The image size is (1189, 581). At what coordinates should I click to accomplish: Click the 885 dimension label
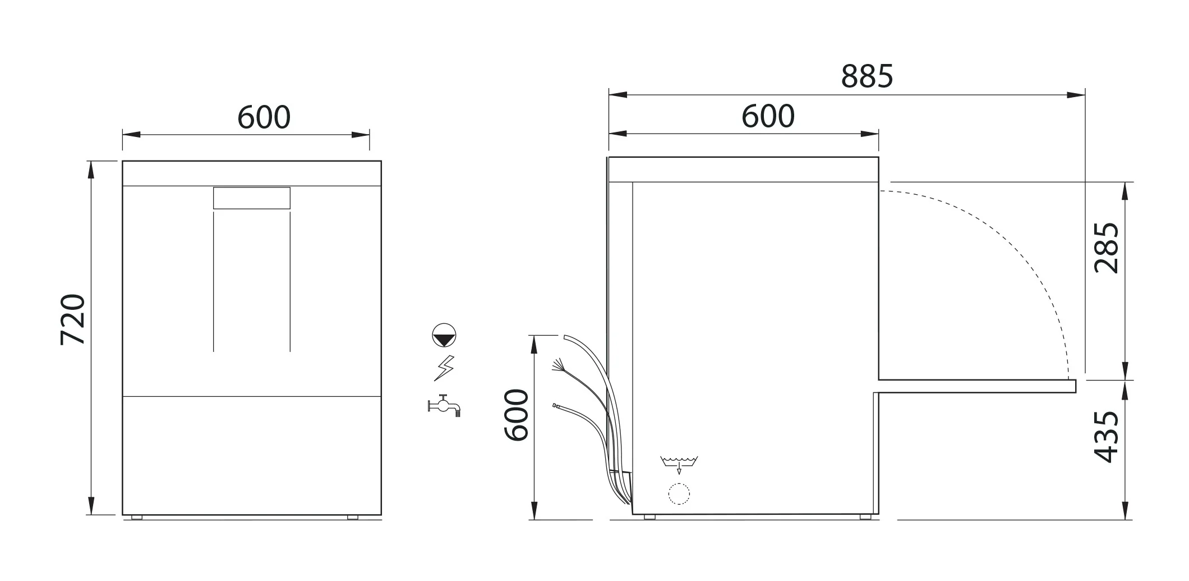click(x=867, y=76)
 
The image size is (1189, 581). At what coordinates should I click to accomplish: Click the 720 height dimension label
click(x=73, y=319)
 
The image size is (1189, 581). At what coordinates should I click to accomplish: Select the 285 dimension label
click(x=1107, y=248)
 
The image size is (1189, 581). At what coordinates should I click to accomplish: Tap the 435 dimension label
click(x=1107, y=437)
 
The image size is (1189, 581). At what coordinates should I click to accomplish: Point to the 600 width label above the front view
click(x=264, y=117)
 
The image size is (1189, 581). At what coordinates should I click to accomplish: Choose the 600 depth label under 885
click(x=768, y=116)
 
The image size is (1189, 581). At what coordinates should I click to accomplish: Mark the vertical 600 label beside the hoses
click(x=516, y=415)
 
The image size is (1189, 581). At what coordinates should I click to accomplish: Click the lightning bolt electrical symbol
click(x=444, y=368)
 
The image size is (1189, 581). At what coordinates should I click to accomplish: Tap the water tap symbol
click(x=444, y=405)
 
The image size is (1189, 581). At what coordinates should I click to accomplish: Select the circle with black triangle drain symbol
click(x=444, y=335)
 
